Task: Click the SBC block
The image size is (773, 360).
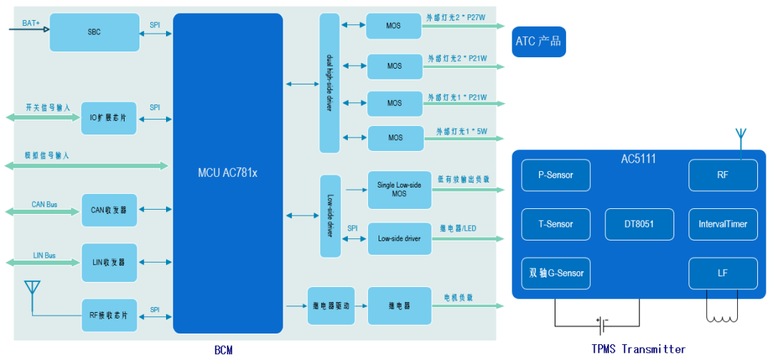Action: (x=94, y=32)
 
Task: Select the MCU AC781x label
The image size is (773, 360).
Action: (x=228, y=173)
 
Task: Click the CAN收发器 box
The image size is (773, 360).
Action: (x=109, y=210)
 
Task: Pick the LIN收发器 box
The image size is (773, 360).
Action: (x=109, y=262)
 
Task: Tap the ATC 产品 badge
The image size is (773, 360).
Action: (x=538, y=42)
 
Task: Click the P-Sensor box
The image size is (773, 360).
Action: (x=555, y=175)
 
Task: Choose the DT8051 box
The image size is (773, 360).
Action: (x=639, y=224)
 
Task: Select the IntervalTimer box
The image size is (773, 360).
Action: (x=722, y=224)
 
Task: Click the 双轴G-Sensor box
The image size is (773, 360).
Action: (x=555, y=273)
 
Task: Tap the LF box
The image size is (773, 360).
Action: (x=722, y=273)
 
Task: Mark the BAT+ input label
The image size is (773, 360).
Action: (x=31, y=23)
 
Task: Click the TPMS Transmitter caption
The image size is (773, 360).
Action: (x=639, y=349)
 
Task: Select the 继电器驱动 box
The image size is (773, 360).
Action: (x=331, y=306)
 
